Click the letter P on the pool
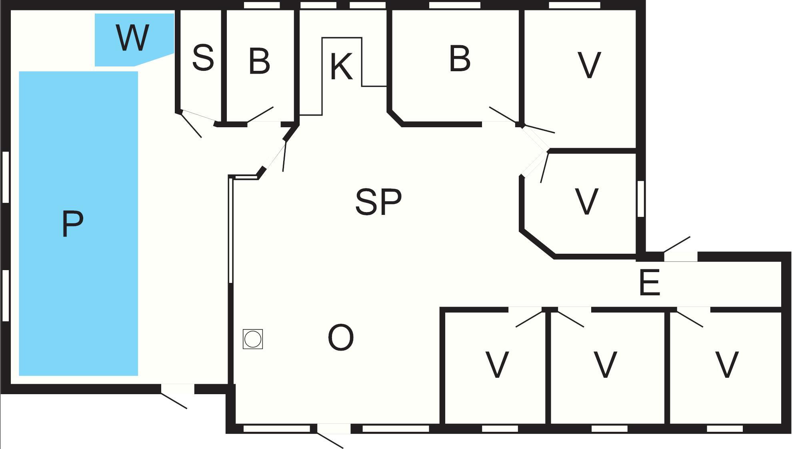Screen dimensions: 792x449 (73, 224)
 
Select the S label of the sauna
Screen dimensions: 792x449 (203, 58)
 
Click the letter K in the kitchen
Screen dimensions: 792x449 (341, 66)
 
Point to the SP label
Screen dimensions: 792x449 (378, 202)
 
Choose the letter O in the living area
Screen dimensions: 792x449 (341, 338)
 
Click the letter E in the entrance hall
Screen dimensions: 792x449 (649, 283)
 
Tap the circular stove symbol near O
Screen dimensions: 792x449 (253, 339)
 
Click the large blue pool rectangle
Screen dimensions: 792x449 (78, 224)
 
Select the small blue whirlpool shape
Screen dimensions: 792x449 (134, 40)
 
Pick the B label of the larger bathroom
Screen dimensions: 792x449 (460, 58)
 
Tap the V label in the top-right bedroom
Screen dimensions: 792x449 (589, 65)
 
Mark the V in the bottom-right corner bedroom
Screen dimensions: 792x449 (726, 365)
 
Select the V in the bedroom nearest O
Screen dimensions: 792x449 (497, 365)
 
